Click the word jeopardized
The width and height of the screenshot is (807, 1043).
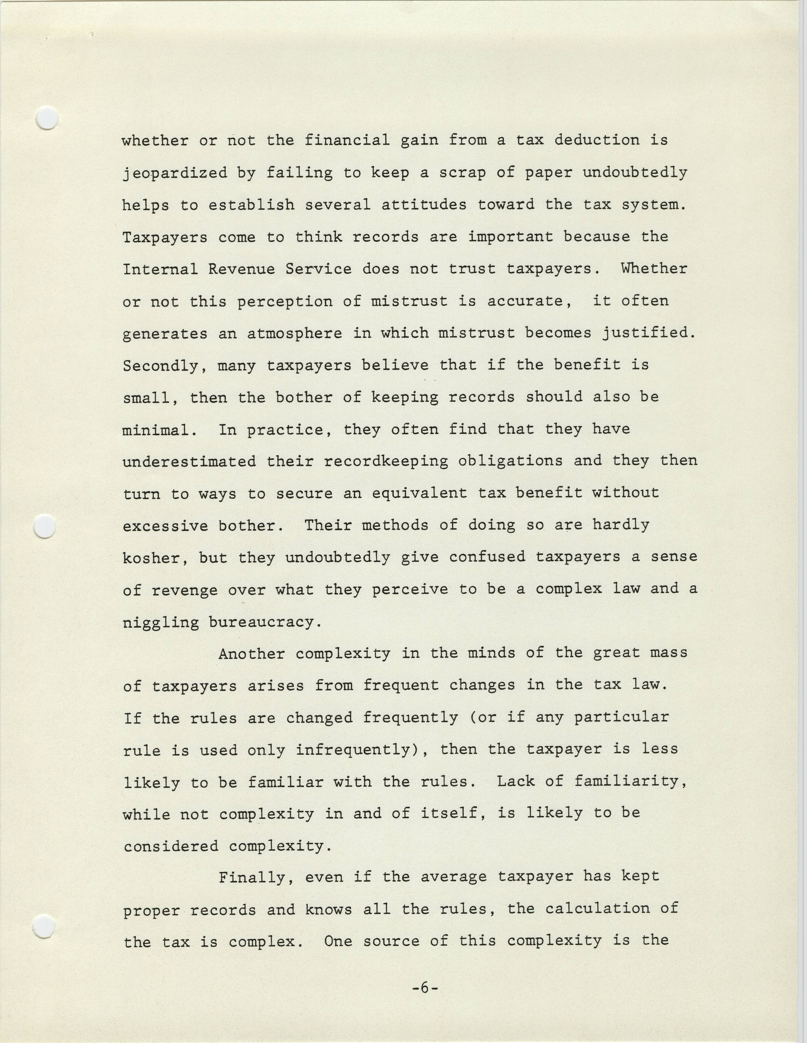pyautogui.click(x=175, y=173)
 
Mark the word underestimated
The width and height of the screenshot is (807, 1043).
pyautogui.click(x=189, y=462)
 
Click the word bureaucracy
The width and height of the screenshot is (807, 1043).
pyautogui.click(x=265, y=622)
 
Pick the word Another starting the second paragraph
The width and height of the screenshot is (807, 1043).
pyautogui.click(x=252, y=654)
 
